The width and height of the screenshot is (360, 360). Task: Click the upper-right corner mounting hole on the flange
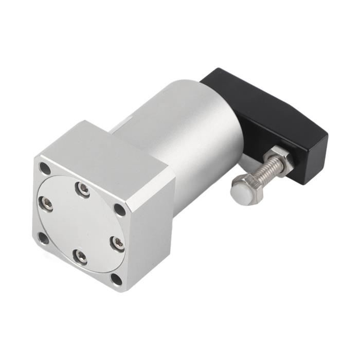[119, 209]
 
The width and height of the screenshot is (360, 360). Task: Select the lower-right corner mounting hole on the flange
[117, 279]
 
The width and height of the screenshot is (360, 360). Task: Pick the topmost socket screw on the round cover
[82, 189]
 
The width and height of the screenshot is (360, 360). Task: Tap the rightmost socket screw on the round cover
[118, 243]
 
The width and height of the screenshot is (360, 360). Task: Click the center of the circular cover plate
[81, 223]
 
